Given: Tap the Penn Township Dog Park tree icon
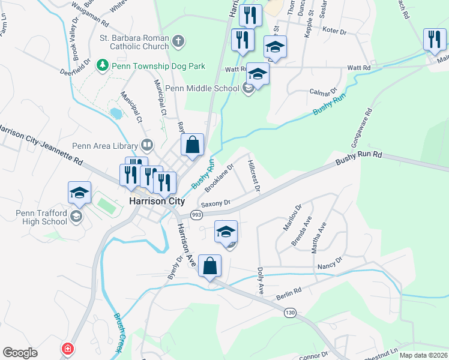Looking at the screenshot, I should [x=103, y=64].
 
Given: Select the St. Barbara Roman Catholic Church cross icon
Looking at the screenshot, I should [x=177, y=41].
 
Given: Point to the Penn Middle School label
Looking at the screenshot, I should [x=202, y=89].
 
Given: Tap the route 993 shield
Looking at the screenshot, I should [x=196, y=214].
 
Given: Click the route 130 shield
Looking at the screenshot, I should [x=291, y=313].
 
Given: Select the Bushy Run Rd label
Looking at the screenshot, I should [x=358, y=158].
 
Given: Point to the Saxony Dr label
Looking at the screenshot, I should [x=216, y=203].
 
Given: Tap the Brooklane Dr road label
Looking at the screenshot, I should [x=219, y=178].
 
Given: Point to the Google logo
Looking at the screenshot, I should [x=20, y=353].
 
